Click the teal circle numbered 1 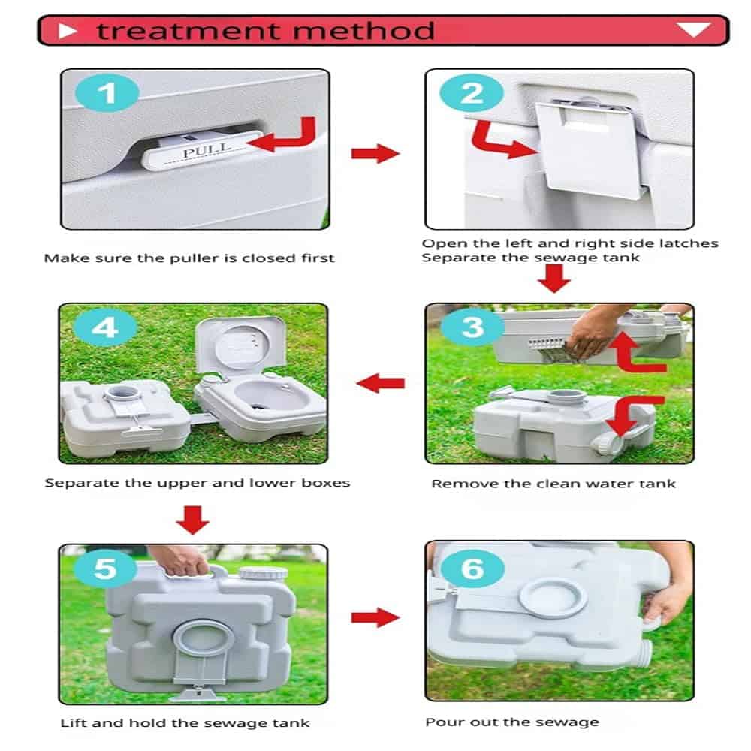[x=107, y=93]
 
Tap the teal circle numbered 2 [x=472, y=93]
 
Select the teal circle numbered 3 [x=472, y=327]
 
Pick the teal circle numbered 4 [x=105, y=328]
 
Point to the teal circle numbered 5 [x=105, y=569]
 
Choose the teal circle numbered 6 [x=472, y=569]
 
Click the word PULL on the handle [x=207, y=150]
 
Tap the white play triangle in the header [x=67, y=31]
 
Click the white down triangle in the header [x=694, y=30]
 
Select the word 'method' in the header [x=363, y=31]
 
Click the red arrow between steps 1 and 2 [x=375, y=153]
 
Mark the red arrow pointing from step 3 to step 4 [x=381, y=383]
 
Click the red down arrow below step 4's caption [x=192, y=520]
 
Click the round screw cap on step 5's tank [x=263, y=573]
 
